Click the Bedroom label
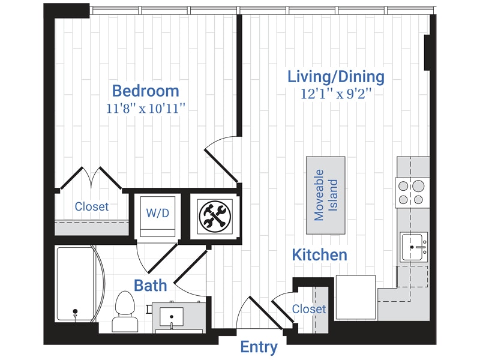pyautogui.click(x=146, y=91)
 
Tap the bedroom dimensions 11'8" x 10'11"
pyautogui.click(x=146, y=109)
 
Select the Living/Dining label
pyautogui.click(x=335, y=77)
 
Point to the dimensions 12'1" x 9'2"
pyautogui.click(x=335, y=94)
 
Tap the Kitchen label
pyautogui.click(x=319, y=255)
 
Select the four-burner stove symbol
pyautogui.click(x=412, y=193)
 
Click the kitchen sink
pyautogui.click(x=415, y=247)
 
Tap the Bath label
pyautogui.click(x=150, y=285)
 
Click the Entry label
pyautogui.click(x=259, y=347)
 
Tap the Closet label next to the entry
pyautogui.click(x=309, y=309)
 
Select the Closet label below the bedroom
pyautogui.click(x=92, y=206)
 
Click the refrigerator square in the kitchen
pyautogui.click(x=355, y=298)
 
